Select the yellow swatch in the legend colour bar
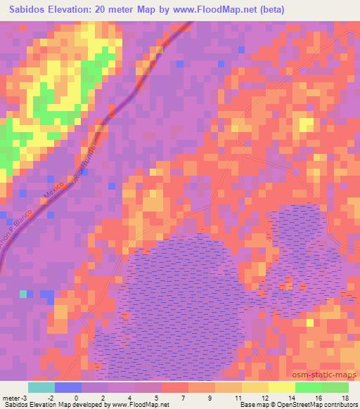coord(281,387)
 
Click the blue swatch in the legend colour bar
coord(67,387)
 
